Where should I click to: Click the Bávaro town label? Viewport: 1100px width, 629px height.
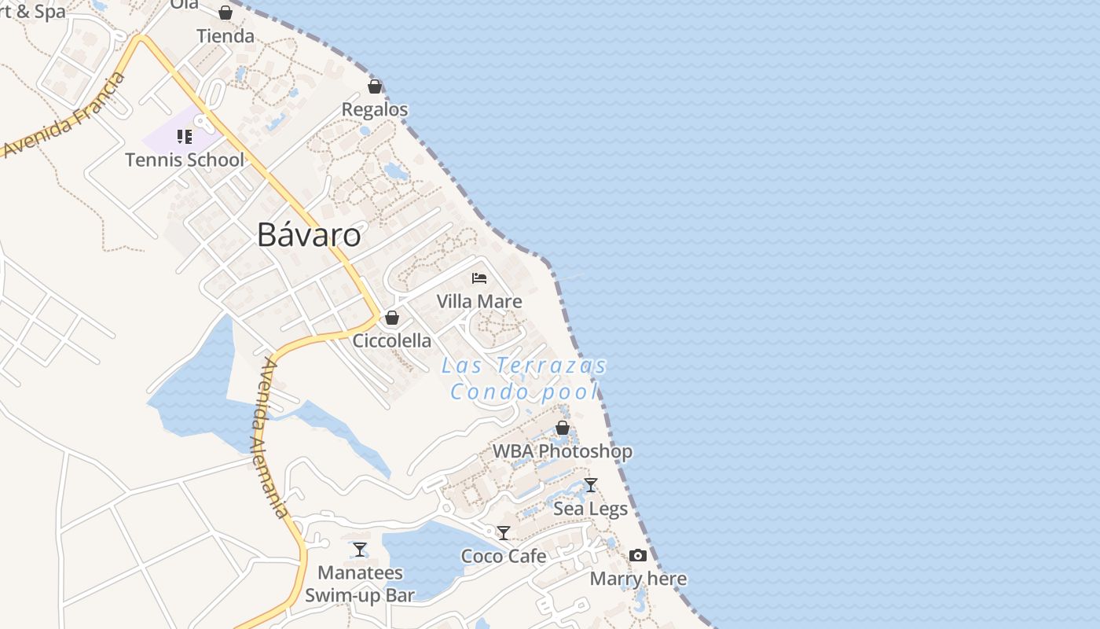point(309,235)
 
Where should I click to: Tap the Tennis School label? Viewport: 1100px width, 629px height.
point(185,160)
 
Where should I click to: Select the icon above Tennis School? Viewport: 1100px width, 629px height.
point(185,138)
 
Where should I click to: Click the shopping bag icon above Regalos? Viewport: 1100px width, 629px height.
point(375,86)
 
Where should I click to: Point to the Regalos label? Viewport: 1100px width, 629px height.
point(375,109)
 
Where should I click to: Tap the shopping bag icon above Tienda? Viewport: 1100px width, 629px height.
point(225,13)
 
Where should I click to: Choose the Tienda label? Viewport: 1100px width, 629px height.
point(225,36)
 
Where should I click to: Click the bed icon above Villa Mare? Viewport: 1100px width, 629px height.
point(479,278)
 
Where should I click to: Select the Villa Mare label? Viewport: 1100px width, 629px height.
point(479,301)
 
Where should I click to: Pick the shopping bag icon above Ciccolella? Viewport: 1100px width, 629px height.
point(392,318)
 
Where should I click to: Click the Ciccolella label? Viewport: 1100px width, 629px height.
point(392,340)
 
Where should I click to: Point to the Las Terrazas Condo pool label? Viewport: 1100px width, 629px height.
point(524,378)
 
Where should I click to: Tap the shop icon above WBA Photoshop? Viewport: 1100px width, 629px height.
point(563,428)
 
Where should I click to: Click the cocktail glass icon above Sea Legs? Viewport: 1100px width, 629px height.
point(591,485)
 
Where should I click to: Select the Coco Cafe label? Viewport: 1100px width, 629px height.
point(504,556)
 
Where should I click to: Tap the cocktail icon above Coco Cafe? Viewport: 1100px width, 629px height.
point(504,533)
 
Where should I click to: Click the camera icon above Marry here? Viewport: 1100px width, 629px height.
point(638,556)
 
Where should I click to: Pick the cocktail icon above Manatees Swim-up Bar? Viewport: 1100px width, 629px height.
point(360,550)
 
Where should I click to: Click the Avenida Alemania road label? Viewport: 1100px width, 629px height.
point(271,438)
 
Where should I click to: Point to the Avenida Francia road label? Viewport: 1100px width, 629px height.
point(63,116)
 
